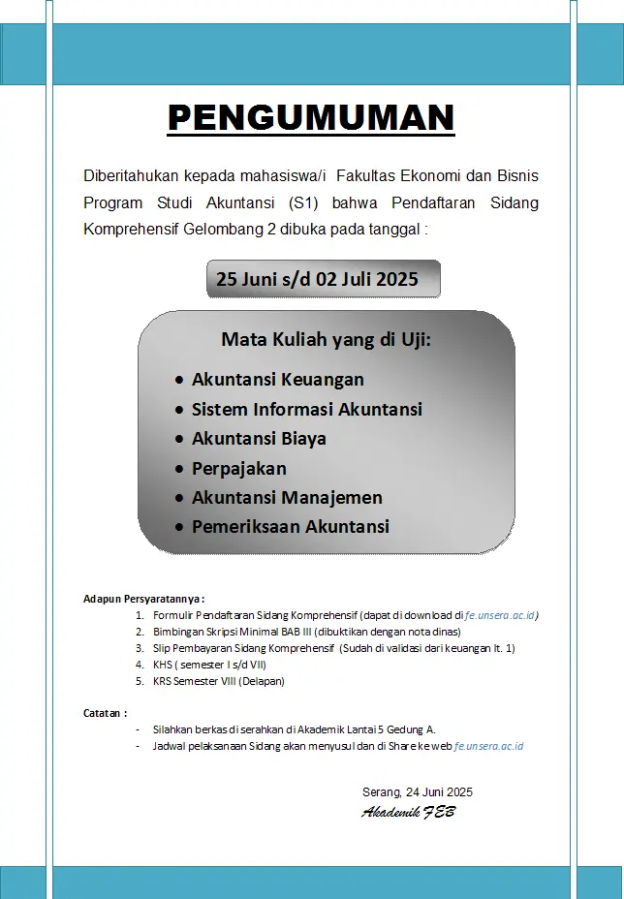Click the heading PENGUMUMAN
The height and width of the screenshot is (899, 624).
coord(311,117)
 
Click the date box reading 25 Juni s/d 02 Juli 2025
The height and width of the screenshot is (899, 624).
coord(318,279)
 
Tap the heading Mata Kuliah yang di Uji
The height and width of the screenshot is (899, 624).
coord(326,339)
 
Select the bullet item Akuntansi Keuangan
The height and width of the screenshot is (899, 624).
coord(277,379)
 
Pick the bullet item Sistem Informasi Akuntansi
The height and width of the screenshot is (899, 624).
coord(306,409)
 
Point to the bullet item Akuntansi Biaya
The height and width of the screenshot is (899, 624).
coord(259,438)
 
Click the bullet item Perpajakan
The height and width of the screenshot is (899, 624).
coord(238,468)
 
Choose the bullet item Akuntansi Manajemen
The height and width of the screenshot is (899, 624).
coord(287,497)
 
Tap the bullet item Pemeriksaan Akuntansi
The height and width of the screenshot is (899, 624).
coord(290,527)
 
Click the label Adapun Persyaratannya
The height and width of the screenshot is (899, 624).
coord(144,600)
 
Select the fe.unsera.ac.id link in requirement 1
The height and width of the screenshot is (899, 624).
coord(502,615)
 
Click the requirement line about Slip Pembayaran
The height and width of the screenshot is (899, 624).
coord(333,648)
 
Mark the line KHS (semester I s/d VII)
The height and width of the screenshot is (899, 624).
coord(208,665)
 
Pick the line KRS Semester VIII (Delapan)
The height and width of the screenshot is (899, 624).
coord(218,681)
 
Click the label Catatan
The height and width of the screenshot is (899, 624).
coord(105,713)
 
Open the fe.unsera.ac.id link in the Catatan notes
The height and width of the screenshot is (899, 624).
coord(488,746)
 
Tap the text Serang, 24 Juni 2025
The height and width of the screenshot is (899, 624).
coord(418,791)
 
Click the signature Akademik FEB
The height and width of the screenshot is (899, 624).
coord(408,812)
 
